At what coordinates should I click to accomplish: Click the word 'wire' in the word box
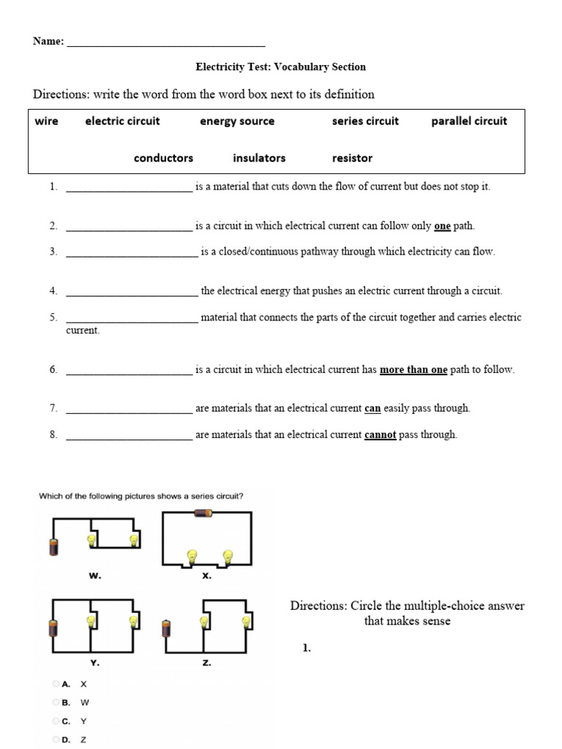click(x=46, y=121)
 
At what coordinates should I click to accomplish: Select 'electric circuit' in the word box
click(x=122, y=121)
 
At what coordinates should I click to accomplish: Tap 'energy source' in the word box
click(x=237, y=121)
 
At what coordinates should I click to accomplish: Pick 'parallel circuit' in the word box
click(x=468, y=121)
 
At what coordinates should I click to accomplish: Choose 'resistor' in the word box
click(x=352, y=158)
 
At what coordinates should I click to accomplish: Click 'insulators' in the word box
click(x=259, y=158)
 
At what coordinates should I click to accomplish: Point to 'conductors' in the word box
click(x=163, y=158)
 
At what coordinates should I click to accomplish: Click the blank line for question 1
click(x=129, y=188)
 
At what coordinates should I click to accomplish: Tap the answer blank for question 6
click(x=129, y=371)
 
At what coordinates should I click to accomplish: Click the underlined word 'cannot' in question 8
click(x=380, y=434)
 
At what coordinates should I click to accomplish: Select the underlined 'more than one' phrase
click(x=413, y=370)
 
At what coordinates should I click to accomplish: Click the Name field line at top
click(x=165, y=42)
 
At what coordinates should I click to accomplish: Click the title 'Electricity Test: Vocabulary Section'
click(x=280, y=67)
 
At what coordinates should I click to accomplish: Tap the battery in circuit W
click(x=53, y=546)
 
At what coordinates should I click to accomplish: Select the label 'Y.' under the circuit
click(x=94, y=663)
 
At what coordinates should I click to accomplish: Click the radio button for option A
click(x=56, y=684)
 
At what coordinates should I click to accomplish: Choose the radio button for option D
click(x=56, y=739)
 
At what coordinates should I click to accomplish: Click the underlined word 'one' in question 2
click(x=442, y=227)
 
